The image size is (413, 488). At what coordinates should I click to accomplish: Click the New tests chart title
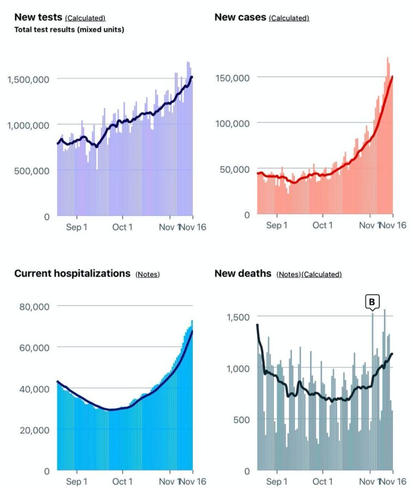(38, 17)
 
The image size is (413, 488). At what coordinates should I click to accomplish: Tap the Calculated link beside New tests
(85, 19)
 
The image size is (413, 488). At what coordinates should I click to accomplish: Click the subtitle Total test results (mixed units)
(69, 29)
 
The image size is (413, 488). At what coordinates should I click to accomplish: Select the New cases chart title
(240, 17)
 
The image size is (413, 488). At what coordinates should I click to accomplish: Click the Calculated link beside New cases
(289, 19)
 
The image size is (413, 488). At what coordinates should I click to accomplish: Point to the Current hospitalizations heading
(72, 273)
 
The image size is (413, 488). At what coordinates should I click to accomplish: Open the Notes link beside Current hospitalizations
(147, 274)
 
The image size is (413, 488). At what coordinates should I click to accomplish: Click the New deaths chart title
(243, 273)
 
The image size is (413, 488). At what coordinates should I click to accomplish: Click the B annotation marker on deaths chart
(373, 302)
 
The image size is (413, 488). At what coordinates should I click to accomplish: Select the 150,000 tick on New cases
(233, 77)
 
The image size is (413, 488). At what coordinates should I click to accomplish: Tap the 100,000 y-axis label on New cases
(233, 123)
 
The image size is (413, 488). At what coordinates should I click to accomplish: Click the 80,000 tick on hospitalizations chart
(34, 306)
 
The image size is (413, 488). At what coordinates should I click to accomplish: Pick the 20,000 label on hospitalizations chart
(34, 430)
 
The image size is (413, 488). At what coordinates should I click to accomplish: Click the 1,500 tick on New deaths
(238, 317)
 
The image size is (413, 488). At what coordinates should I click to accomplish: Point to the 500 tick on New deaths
(242, 419)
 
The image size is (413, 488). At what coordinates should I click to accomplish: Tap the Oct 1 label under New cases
(323, 226)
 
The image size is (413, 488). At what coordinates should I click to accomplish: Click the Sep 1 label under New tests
(76, 227)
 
